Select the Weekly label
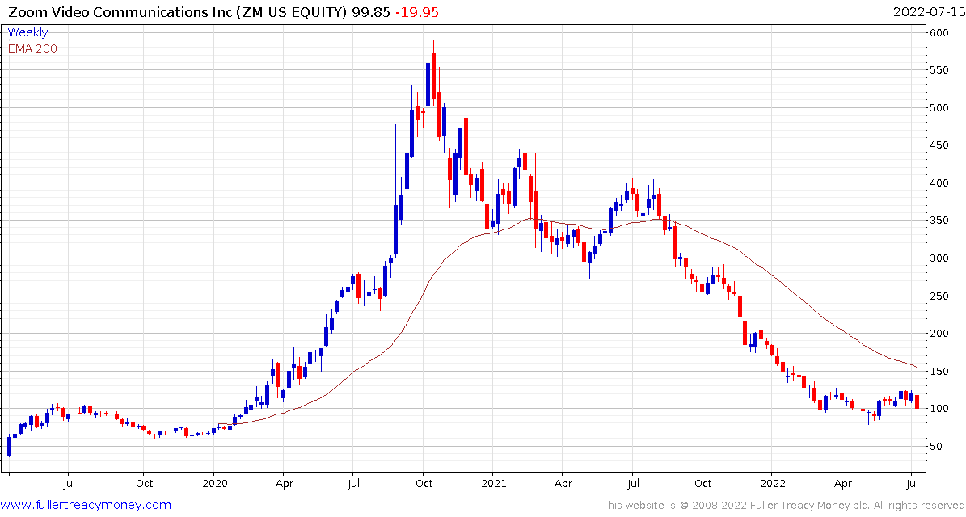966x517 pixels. point(27,32)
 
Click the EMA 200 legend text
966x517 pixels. point(32,48)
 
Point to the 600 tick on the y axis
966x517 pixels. point(939,33)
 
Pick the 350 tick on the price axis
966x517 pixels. point(939,221)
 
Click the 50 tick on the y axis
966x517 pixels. point(936,446)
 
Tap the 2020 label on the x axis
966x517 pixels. point(214,484)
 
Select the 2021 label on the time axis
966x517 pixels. point(493,484)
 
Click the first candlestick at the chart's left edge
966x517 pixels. point(9,446)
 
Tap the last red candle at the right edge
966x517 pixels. point(917,401)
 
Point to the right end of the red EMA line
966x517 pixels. point(917,368)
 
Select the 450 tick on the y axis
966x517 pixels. point(939,145)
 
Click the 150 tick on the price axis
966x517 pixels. point(939,371)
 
